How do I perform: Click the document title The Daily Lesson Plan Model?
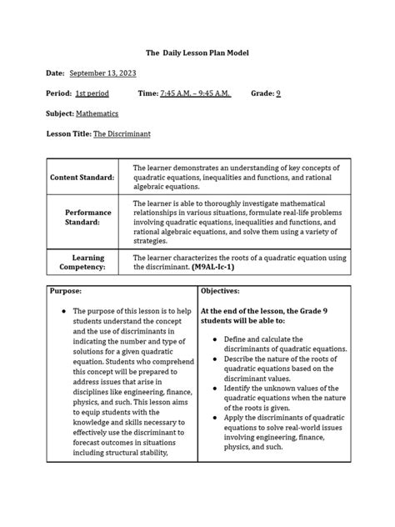(x=197, y=53)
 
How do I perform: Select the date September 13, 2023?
(x=103, y=73)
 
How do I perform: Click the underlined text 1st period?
(x=92, y=93)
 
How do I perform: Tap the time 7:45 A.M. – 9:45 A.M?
(x=195, y=93)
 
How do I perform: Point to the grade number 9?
(x=278, y=93)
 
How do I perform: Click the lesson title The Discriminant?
(x=122, y=133)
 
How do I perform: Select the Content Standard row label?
(x=82, y=178)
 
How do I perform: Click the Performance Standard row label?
(x=87, y=218)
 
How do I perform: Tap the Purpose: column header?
(x=66, y=291)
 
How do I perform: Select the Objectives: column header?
(x=220, y=291)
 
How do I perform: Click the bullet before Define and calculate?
(x=215, y=339)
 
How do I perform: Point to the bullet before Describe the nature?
(x=215, y=359)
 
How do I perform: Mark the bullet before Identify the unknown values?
(x=215, y=389)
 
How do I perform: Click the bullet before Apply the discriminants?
(x=215, y=418)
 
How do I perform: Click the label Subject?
(x=60, y=113)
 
